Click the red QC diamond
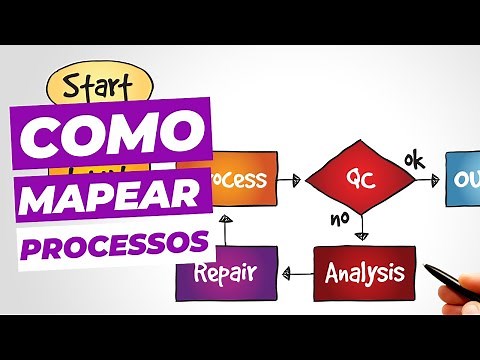tap(359, 180)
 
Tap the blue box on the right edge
tap(462, 180)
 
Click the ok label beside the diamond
tap(413, 159)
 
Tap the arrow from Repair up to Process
tap(226, 229)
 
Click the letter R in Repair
tap(199, 273)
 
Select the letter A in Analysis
tap(336, 272)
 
